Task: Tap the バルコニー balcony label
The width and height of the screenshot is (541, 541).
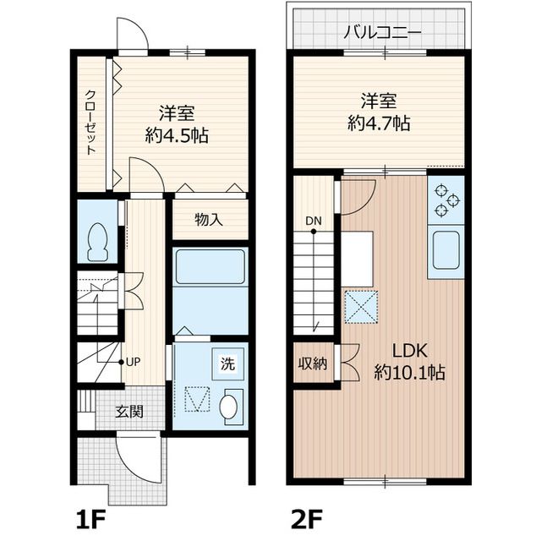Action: (x=378, y=34)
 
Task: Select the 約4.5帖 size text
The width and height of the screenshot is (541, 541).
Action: (x=178, y=135)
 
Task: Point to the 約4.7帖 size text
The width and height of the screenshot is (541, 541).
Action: (x=379, y=123)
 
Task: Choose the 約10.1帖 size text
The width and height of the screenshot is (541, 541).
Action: (x=409, y=373)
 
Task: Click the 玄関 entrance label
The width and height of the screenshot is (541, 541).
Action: (x=129, y=413)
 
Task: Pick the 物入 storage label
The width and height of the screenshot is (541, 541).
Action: (x=209, y=220)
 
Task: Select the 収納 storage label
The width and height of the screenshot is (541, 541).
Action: (x=312, y=364)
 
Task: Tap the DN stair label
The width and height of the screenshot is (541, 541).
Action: (x=314, y=221)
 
